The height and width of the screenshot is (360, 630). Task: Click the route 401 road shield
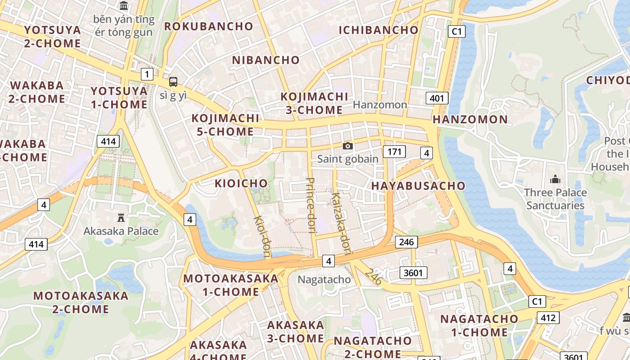click(x=437, y=98)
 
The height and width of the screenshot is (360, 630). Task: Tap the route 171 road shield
click(x=394, y=151)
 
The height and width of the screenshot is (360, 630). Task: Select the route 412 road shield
click(x=548, y=318)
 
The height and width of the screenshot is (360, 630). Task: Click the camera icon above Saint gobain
click(x=347, y=146)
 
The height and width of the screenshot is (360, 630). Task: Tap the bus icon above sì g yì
click(x=173, y=82)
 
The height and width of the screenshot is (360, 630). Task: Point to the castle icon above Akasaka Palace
click(x=121, y=218)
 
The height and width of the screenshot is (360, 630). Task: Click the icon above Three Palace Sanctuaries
click(x=555, y=179)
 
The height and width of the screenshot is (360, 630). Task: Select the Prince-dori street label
click(x=310, y=206)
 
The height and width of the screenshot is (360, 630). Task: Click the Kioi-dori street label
click(x=263, y=237)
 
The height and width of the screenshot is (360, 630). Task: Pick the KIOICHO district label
click(x=241, y=184)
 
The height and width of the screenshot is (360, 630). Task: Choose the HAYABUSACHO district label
click(x=418, y=186)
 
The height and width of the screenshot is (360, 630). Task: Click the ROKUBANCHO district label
click(x=209, y=27)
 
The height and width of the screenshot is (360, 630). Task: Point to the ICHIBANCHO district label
click(x=378, y=30)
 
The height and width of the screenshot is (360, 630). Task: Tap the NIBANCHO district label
click(x=265, y=60)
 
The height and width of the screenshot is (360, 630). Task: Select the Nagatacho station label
click(x=324, y=279)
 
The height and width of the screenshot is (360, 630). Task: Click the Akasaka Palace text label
click(x=121, y=231)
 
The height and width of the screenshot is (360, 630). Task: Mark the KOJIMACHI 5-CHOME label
click(x=225, y=125)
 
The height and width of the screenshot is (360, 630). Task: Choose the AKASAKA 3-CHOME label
click(x=296, y=332)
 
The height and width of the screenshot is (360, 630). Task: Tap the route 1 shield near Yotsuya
click(x=147, y=74)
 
